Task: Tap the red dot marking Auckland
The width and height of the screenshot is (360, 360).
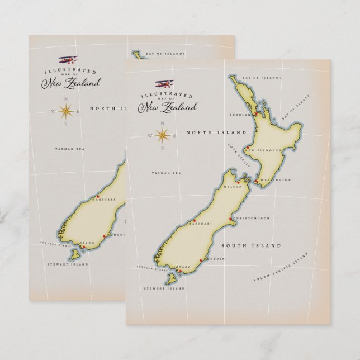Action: pos(256,115)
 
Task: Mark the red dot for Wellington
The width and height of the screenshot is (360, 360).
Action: pos(255,182)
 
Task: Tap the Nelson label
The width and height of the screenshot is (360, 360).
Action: pos(232,187)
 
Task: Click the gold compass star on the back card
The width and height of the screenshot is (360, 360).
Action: pos(66,111)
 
